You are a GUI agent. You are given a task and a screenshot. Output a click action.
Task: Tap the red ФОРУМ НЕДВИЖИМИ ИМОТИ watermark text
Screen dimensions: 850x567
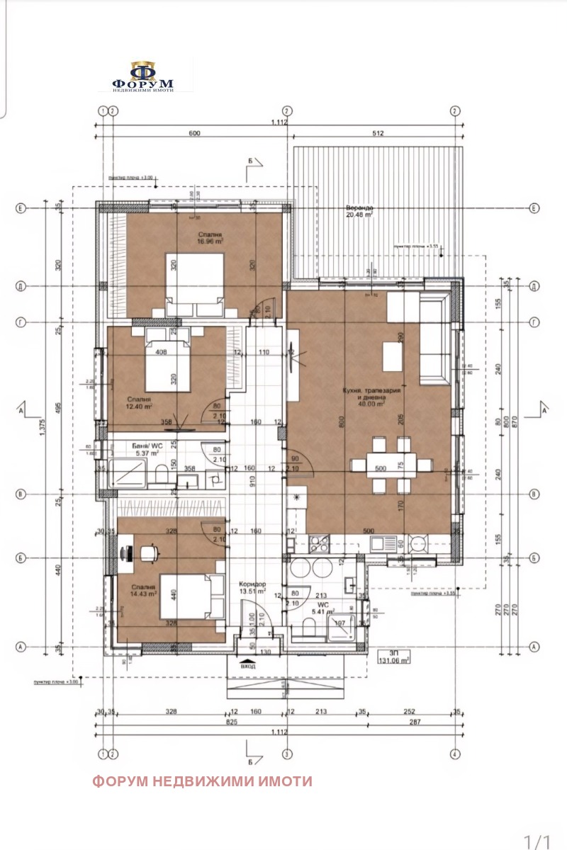click(x=202, y=781)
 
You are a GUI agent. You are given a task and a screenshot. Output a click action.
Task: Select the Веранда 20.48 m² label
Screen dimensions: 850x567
click(x=359, y=212)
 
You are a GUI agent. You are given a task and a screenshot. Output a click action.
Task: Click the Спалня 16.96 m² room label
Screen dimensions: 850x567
click(x=210, y=237)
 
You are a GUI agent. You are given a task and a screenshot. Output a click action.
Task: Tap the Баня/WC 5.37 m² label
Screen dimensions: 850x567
click(x=149, y=449)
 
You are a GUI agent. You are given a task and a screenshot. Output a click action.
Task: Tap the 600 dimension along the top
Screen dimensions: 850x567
click(x=195, y=132)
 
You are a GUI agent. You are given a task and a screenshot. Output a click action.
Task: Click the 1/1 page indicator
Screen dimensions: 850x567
click(x=537, y=840)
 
